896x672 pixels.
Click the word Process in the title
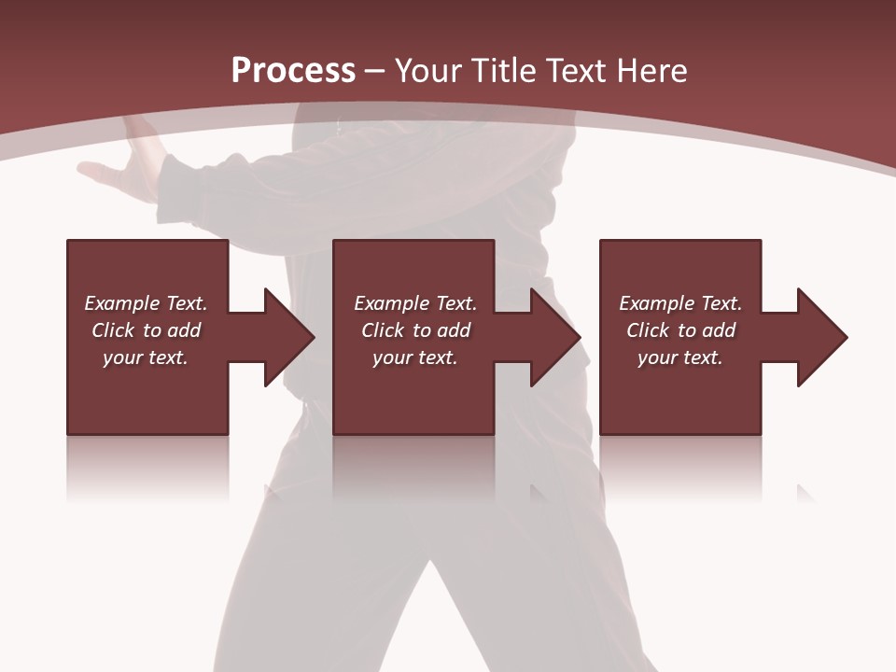point(293,71)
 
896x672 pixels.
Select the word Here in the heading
point(652,71)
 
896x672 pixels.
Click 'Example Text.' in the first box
point(146,303)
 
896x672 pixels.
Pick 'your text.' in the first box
point(146,357)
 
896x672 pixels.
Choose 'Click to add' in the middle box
point(415,330)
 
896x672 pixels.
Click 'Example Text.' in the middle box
point(415,303)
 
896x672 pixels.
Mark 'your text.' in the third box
point(680,357)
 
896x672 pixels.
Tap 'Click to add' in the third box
point(680,330)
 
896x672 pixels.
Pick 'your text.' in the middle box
point(415,357)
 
